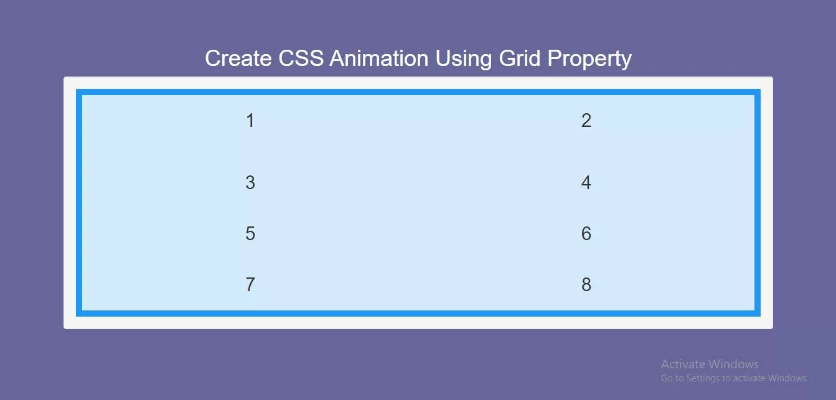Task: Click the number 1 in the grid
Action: coord(250,121)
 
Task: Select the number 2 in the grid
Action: coord(586,121)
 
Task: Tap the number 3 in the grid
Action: coord(250,183)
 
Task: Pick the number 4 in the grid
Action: coord(586,183)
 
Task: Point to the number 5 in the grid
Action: coord(250,234)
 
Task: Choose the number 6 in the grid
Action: coord(586,234)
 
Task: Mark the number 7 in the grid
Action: coord(250,285)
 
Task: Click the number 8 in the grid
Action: coord(586,285)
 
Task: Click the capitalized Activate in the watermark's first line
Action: coord(683,365)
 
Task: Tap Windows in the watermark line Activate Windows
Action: coord(734,365)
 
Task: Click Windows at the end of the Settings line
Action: coord(787,378)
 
